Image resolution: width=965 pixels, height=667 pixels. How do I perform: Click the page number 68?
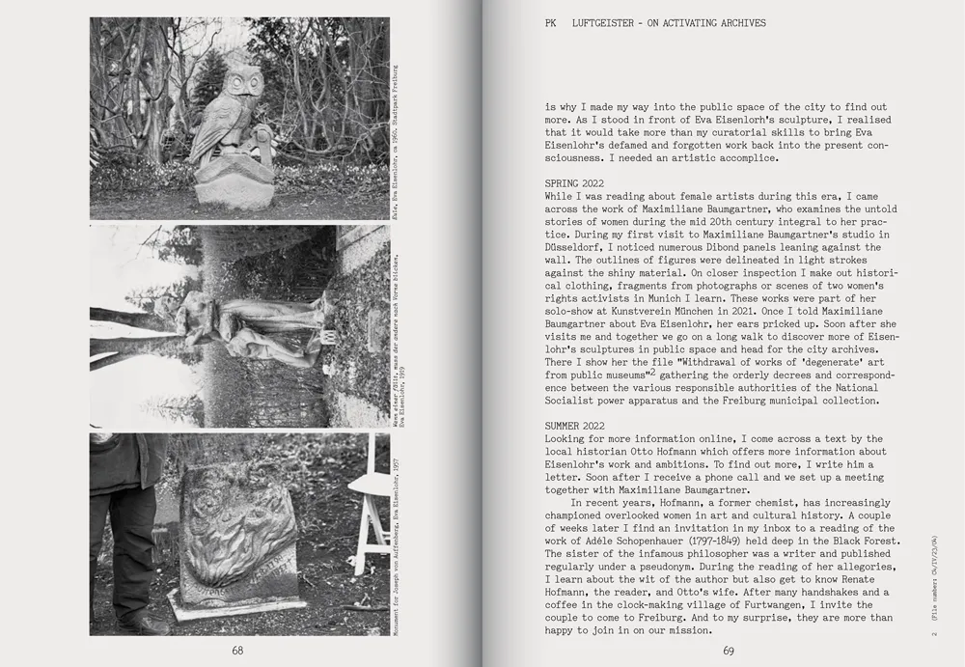pyautogui.click(x=237, y=651)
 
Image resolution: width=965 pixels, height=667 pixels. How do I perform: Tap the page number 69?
pyautogui.click(x=729, y=651)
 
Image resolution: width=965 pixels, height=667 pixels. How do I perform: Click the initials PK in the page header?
pyautogui.click(x=551, y=23)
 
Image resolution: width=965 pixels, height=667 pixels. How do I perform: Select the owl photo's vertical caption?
pyautogui.click(x=396, y=125)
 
